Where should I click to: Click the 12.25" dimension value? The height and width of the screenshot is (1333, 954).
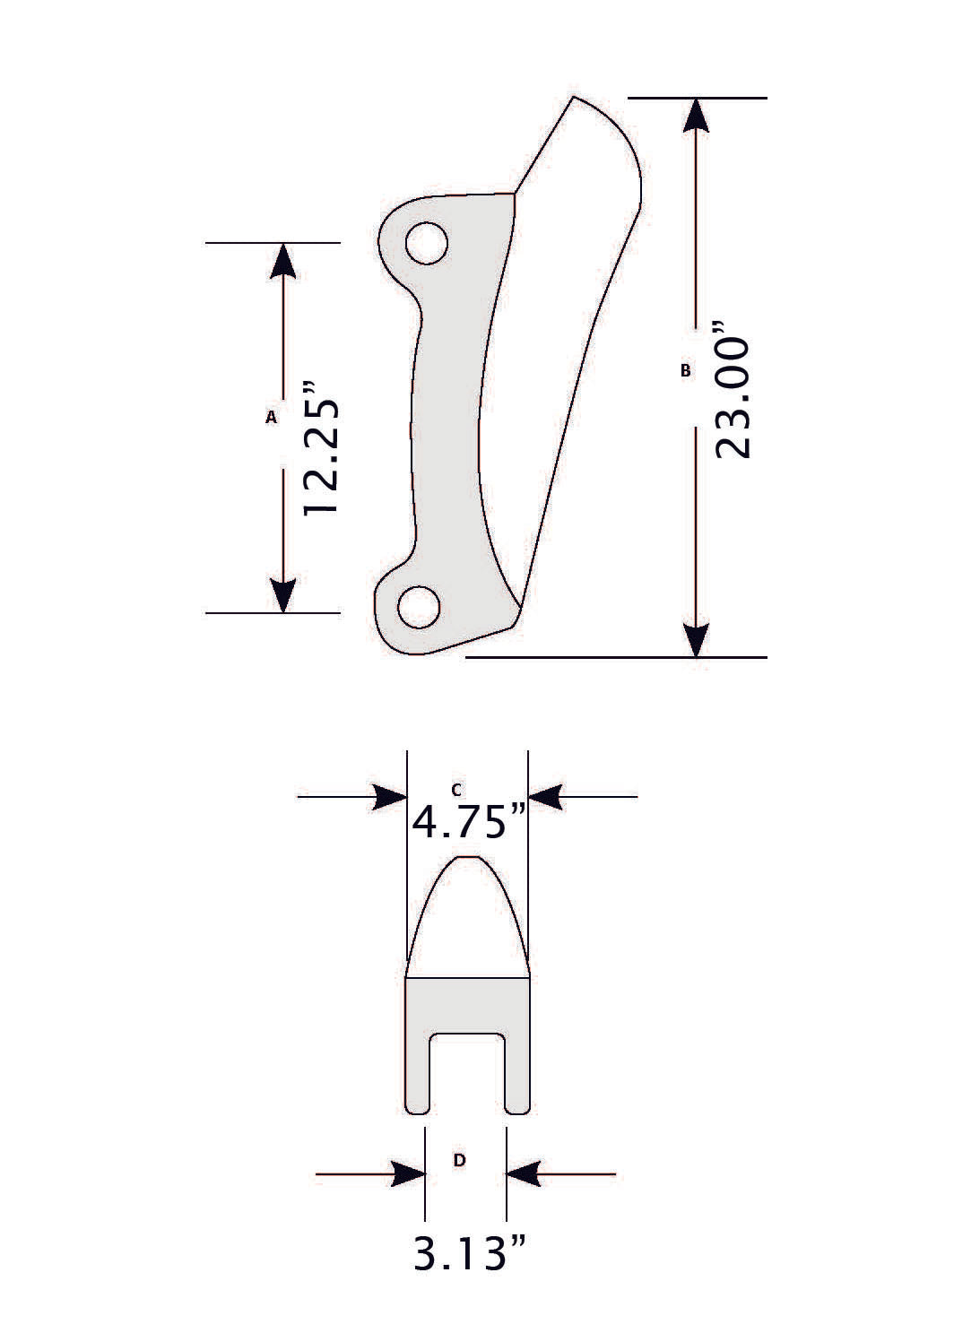tap(320, 449)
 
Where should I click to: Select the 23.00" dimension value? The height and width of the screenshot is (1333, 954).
tap(733, 398)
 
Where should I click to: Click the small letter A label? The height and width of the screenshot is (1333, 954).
tap(271, 416)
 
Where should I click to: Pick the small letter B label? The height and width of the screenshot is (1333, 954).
tap(686, 369)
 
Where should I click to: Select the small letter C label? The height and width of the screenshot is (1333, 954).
tap(456, 789)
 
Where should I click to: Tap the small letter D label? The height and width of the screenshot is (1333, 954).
tap(459, 1160)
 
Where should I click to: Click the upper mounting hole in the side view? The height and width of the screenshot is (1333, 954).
tap(426, 243)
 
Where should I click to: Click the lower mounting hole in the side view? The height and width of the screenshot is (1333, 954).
tap(419, 608)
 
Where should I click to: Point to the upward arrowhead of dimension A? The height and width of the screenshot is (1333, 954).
tap(282, 260)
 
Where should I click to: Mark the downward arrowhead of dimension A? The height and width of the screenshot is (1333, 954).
tap(282, 595)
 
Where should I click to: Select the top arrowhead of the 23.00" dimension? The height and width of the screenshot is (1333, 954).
tap(697, 116)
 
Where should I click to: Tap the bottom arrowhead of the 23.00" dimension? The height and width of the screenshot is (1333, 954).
tap(697, 638)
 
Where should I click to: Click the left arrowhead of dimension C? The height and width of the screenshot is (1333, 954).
tap(390, 796)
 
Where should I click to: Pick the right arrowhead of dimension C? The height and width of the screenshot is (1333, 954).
tap(546, 796)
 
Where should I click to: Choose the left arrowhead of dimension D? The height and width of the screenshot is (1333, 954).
tap(408, 1173)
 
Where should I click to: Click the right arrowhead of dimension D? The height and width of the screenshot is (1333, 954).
tap(524, 1173)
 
